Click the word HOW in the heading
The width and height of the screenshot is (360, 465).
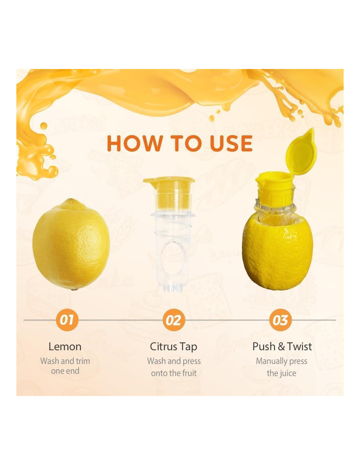pos(135,143)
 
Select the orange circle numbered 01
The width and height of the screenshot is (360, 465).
pos(67,320)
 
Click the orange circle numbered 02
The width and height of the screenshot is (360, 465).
pos(173,320)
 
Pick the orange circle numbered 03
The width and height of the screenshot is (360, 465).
pos(280,320)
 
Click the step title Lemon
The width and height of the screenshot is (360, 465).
pos(65,347)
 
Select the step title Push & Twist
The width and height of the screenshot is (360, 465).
pos(282,347)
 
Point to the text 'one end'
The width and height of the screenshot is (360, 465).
pos(65,371)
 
